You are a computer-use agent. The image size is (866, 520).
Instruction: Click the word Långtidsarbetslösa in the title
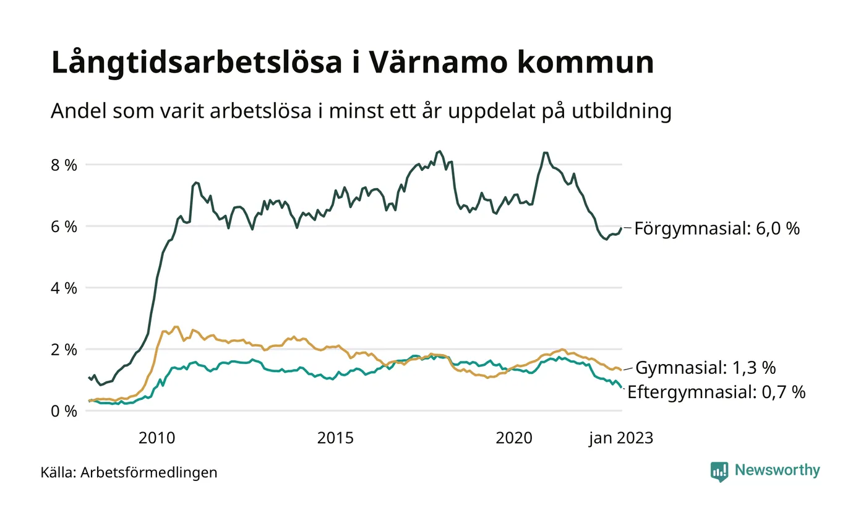click(x=196, y=63)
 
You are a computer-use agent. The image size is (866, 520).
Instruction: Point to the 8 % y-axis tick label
click(x=64, y=165)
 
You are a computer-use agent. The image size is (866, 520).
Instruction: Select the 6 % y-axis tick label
click(x=64, y=227)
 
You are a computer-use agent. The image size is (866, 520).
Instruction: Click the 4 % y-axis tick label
click(x=64, y=288)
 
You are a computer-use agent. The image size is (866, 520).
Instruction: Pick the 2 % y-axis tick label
click(x=64, y=349)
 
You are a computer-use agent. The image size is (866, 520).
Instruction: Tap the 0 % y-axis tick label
click(x=64, y=410)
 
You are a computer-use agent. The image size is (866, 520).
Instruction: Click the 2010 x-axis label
click(x=156, y=438)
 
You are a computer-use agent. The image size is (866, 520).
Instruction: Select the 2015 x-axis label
click(x=335, y=438)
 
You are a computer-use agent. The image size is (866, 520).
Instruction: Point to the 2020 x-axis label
click(x=514, y=438)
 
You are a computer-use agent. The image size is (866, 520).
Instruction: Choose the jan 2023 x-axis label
click(x=620, y=438)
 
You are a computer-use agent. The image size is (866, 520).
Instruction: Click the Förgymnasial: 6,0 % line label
click(x=717, y=229)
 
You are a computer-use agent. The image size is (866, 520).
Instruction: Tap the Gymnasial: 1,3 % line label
click(x=705, y=368)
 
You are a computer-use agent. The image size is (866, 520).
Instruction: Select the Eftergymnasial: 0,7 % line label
click(x=716, y=392)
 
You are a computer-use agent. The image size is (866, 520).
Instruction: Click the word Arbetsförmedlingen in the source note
click(x=149, y=473)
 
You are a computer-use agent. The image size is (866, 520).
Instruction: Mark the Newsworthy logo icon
click(x=719, y=471)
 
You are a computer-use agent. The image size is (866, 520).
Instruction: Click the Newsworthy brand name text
click(x=778, y=470)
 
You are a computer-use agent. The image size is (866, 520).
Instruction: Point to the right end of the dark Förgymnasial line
click(x=621, y=228)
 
